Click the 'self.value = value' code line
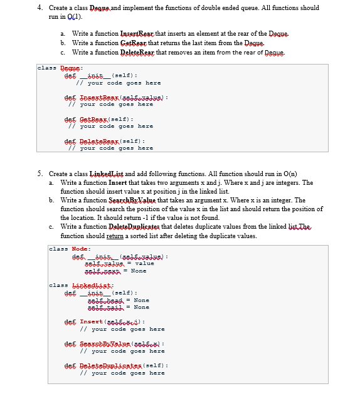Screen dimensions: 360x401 pyautogui.click(x=119, y=263)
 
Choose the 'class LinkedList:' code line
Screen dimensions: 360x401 pyautogui.click(x=80, y=285)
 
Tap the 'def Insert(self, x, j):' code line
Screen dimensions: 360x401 pyautogui.click(x=112, y=321)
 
